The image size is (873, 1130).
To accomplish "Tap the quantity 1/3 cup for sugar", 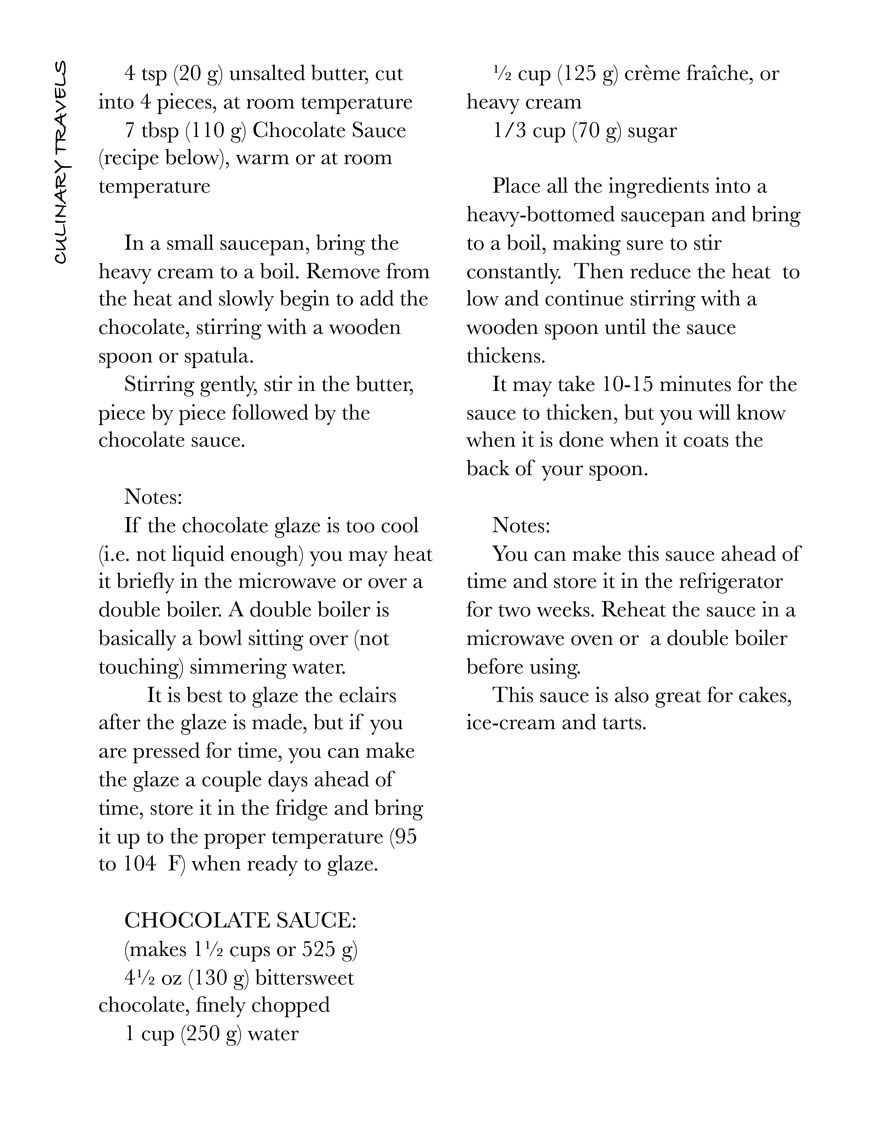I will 529,130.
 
